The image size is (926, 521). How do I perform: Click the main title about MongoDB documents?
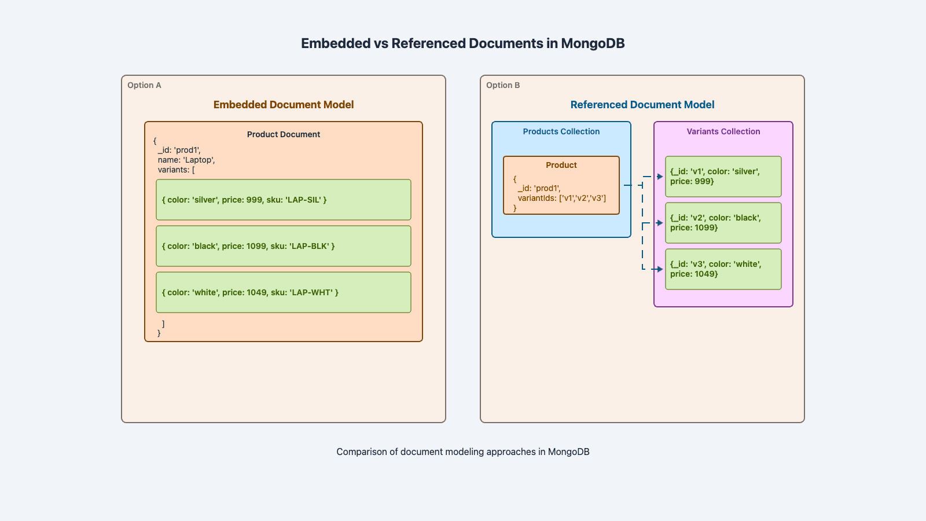coord(462,43)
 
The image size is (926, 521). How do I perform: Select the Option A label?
coord(144,85)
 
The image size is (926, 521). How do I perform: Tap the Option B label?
coord(503,85)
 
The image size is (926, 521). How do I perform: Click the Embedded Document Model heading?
coord(284,105)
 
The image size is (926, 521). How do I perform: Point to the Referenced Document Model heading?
coord(642,105)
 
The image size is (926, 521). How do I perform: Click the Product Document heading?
coord(284,134)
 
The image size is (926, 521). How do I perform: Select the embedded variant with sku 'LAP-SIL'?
coord(284,200)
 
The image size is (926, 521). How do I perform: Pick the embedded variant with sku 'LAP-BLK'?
coord(284,246)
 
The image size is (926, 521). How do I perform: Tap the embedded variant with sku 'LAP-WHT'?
coord(284,292)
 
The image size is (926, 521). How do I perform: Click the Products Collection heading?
coord(561,131)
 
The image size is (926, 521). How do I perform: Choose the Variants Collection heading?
coord(723,131)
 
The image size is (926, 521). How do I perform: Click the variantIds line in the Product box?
coord(561,198)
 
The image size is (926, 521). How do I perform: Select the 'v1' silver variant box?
coord(723,177)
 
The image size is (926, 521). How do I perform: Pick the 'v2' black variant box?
coord(723,223)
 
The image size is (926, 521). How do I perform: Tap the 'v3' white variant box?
coord(723,269)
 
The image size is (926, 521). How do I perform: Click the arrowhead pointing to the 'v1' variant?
coord(660,177)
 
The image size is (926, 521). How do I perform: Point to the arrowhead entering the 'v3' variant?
coord(660,269)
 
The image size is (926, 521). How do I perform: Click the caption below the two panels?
coord(463,452)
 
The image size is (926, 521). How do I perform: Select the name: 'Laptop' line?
coord(186,160)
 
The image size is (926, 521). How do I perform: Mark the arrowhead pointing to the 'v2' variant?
coord(660,223)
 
